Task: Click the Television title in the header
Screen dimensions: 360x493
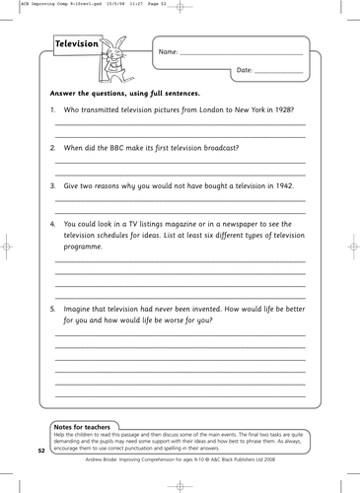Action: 76,44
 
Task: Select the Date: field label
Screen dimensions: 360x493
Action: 245,71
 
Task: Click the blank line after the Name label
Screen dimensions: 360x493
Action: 241,53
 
